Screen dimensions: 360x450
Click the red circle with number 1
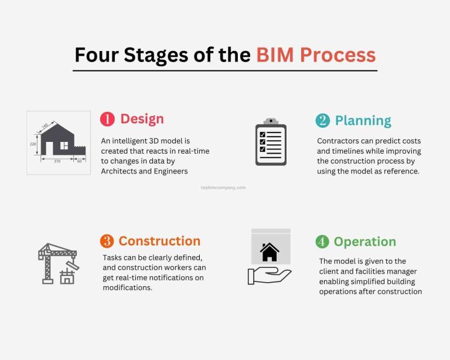107,119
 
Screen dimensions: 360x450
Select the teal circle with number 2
322,121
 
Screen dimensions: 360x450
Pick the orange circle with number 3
107,241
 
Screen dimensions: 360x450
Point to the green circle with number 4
322,242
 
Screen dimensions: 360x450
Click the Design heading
142,119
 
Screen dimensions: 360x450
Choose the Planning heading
363,121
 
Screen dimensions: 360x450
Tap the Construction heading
159,241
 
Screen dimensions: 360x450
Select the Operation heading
364,242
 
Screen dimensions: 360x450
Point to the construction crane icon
58,263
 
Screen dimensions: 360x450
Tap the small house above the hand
270,252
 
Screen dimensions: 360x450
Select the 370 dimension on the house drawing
57,160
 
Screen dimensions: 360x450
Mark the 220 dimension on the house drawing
33,143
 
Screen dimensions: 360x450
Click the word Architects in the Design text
121,171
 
